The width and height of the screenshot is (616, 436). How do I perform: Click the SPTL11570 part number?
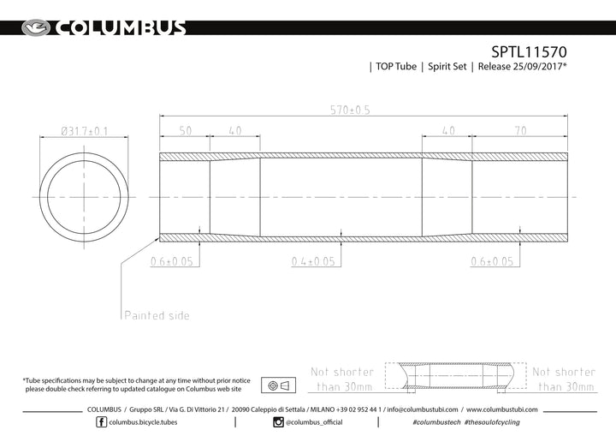pyautogui.click(x=529, y=52)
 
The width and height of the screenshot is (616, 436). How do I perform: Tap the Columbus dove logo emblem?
pyautogui.click(x=36, y=28)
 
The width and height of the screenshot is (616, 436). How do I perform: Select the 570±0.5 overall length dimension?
pyautogui.click(x=350, y=110)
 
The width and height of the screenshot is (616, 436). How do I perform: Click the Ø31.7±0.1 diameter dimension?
pyautogui.click(x=84, y=131)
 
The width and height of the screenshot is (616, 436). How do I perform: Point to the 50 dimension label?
pyautogui.click(x=186, y=131)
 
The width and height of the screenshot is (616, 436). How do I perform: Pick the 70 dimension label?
pyautogui.click(x=520, y=131)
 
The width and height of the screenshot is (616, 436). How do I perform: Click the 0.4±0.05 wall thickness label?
pyautogui.click(x=313, y=261)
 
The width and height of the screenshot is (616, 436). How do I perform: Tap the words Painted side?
pyautogui.click(x=157, y=315)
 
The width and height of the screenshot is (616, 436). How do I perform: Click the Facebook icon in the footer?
pyautogui.click(x=101, y=422)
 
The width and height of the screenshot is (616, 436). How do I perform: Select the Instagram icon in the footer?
pyautogui.click(x=278, y=422)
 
